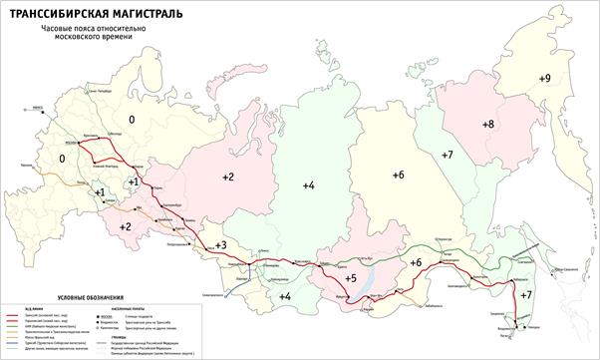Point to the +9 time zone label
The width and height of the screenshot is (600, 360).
pos(543,78)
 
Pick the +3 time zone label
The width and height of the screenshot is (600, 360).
pos(220,245)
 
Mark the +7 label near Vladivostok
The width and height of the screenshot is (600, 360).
pos(526,295)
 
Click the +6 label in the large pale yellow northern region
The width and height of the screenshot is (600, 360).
pos(398,175)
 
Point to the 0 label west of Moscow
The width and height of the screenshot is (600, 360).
pos(63,159)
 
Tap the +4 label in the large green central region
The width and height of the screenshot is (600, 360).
pos(308,185)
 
